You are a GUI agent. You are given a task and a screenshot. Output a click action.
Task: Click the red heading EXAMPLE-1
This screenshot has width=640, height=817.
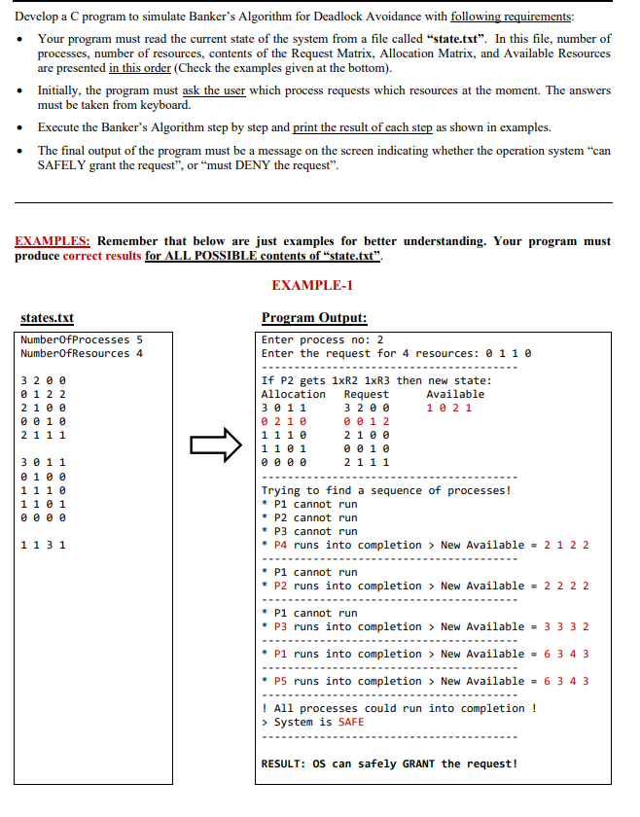pos(313,285)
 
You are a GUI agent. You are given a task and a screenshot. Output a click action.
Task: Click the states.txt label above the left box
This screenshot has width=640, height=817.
pos(47,318)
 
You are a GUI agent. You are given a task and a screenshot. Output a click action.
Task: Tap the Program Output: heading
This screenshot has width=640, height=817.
pos(314,318)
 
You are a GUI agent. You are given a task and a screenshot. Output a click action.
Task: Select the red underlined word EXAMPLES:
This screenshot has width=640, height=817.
pos(53,241)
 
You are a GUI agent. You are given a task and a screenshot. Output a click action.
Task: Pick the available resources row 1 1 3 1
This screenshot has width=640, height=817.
pos(43,545)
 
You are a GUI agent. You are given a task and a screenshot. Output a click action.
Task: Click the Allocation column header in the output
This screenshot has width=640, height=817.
pos(294,394)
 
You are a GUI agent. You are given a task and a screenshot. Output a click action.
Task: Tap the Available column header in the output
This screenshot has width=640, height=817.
pos(454,394)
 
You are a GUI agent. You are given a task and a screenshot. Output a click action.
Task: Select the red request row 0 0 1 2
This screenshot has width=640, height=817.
pos(367,421)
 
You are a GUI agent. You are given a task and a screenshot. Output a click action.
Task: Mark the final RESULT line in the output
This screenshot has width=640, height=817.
pos(389,763)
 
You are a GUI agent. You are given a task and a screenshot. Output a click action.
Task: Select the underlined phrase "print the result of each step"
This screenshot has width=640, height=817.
pos(363,127)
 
